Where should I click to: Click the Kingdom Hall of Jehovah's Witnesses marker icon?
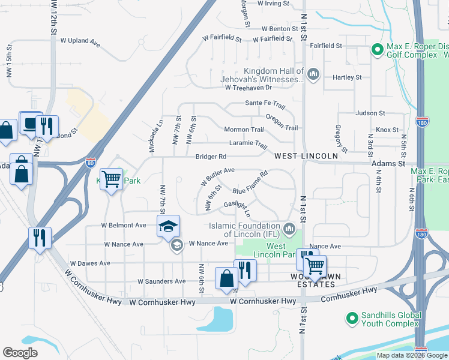click(x=312, y=74)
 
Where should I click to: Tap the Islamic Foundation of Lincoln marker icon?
click(x=290, y=228)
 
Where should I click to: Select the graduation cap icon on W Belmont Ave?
click(x=169, y=226)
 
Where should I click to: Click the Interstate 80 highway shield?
click(x=90, y=162)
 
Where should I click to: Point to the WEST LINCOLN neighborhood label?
click(x=306, y=156)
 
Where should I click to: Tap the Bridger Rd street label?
click(x=211, y=157)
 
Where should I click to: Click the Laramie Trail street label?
click(x=248, y=144)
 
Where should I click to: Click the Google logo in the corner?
click(x=20, y=353)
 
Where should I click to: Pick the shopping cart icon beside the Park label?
click(x=112, y=178)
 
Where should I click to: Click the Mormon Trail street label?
click(x=244, y=130)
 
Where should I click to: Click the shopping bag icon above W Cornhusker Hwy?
click(x=226, y=278)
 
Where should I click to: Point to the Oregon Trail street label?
click(x=282, y=123)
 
